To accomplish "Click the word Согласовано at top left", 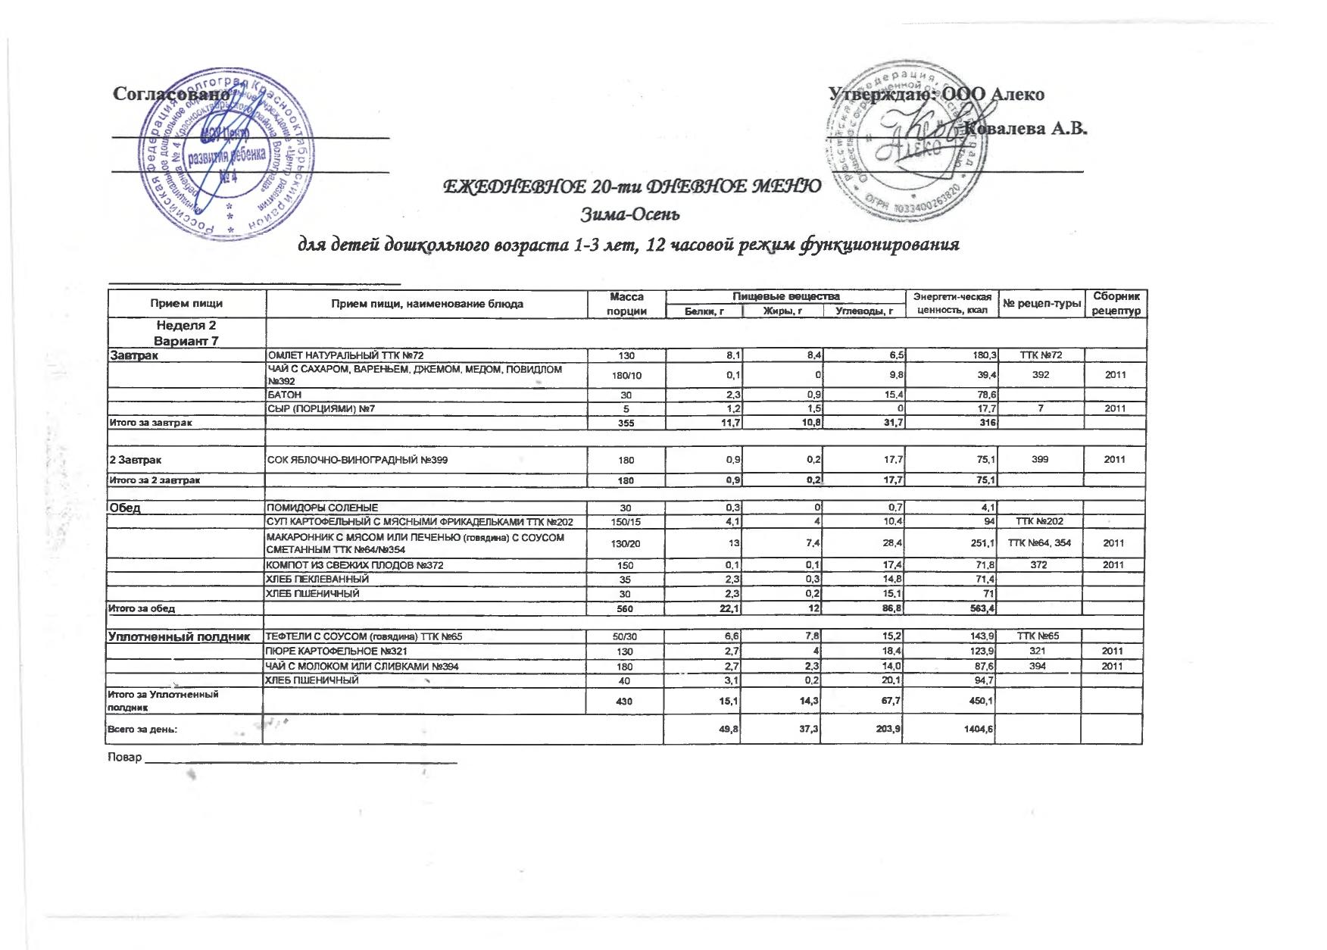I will pyautogui.click(x=171, y=94).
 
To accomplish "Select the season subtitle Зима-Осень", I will pyautogui.click(x=630, y=214).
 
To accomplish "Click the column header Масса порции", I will pyautogui.click(x=626, y=304).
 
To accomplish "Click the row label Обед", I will pyautogui.click(x=126, y=508).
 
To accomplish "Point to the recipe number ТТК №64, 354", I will pyautogui.click(x=1041, y=543).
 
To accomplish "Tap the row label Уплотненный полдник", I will pyautogui.click(x=180, y=636).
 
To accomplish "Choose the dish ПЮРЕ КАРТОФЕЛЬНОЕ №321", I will pyautogui.click(x=337, y=652).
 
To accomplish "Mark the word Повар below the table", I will pyautogui.click(x=125, y=758).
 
